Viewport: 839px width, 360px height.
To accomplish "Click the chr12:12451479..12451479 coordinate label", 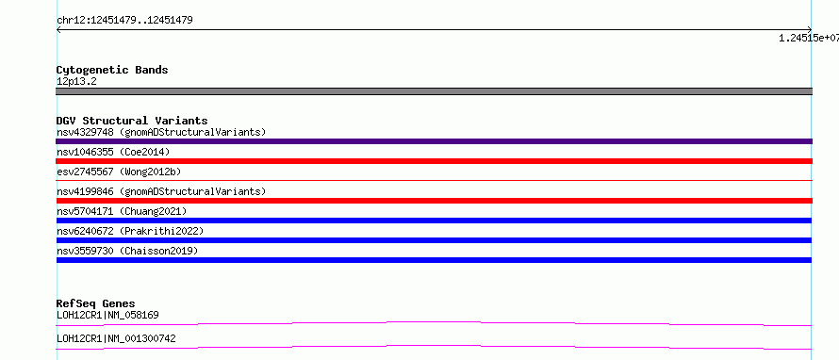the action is click(124, 21).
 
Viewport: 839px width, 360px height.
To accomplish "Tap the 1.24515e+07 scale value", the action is click(809, 38).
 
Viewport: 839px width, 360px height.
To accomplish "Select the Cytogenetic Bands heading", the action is click(112, 70).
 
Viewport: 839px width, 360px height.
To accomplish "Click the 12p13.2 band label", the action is click(76, 82).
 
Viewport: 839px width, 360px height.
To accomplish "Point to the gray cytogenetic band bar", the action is click(434, 91).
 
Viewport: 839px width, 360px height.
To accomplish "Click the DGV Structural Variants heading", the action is click(132, 121).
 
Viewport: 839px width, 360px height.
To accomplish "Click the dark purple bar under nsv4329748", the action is click(434, 141).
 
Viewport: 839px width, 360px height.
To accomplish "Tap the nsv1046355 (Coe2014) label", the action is click(113, 152).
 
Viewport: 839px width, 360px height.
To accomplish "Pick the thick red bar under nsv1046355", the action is click(434, 161).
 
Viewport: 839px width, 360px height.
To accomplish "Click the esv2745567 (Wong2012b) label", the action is click(119, 172).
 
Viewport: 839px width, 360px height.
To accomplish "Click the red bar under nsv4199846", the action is click(434, 201).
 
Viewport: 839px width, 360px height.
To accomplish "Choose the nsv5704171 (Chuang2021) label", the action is click(122, 211).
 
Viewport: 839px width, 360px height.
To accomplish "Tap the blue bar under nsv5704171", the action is click(434, 221).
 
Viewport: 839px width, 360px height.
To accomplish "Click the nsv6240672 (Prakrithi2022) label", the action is click(130, 231).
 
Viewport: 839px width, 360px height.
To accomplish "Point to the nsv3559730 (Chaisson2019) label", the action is click(127, 251).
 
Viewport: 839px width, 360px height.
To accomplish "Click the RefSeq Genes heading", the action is click(96, 303).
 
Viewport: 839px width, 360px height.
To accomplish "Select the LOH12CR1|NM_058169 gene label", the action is click(107, 315).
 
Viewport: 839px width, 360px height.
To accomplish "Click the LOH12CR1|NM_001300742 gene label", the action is click(116, 338).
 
